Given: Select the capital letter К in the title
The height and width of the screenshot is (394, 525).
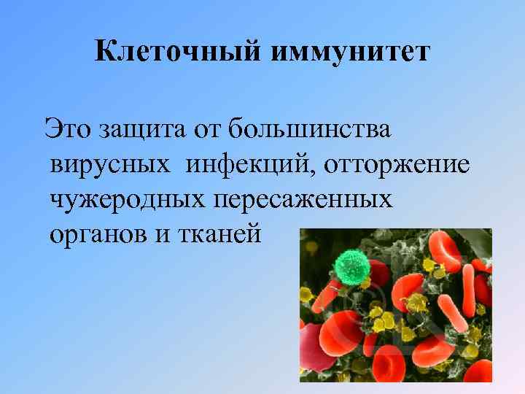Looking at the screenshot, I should (105, 53).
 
